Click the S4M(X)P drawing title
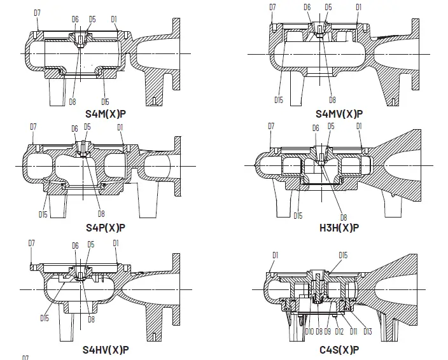[x=105, y=114]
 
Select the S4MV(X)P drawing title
[x=339, y=114]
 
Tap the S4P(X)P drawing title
[x=105, y=227]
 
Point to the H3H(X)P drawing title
[x=339, y=227]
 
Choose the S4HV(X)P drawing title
[x=106, y=349]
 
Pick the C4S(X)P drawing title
[x=339, y=349]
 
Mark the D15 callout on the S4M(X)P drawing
[x=106, y=102]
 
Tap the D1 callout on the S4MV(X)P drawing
[x=359, y=7]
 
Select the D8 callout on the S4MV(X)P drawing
[x=332, y=100]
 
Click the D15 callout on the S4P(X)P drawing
[x=43, y=214]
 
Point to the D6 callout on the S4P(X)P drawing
[x=74, y=128]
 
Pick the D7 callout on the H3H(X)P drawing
[x=270, y=126]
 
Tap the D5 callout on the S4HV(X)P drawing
[x=91, y=245]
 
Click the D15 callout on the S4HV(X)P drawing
[x=45, y=318]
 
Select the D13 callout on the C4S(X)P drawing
[x=367, y=330]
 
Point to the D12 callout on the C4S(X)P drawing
[x=339, y=330]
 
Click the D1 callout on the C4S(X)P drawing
[x=275, y=255]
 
